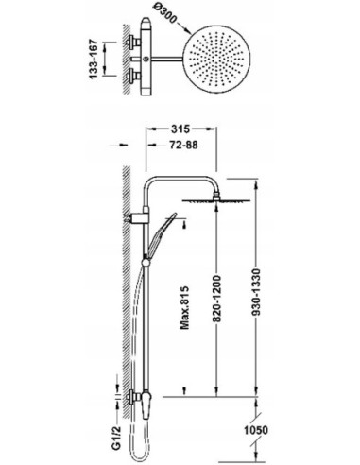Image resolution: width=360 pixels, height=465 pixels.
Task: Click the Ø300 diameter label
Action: click(165, 13)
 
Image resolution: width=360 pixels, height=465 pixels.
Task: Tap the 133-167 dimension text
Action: click(94, 59)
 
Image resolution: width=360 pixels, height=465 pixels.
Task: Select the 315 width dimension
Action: click(180, 129)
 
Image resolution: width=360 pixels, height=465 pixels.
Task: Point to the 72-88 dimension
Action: click(183, 145)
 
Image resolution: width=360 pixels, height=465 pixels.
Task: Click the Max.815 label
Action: click(184, 307)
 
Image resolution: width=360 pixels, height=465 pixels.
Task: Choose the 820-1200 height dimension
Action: click(216, 299)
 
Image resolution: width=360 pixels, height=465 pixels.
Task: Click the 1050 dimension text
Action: click(256, 430)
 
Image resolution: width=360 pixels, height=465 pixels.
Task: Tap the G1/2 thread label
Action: click(116, 438)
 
